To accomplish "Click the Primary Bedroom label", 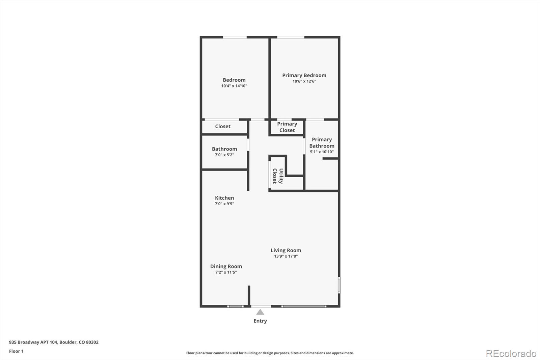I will coord(304,75).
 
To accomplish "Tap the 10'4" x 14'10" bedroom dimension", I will coord(234,86).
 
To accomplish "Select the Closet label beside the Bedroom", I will coord(223,126).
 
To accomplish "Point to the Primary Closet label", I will coord(287,127).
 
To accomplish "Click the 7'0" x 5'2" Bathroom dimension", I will coord(224,155).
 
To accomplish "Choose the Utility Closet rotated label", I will coord(278,176).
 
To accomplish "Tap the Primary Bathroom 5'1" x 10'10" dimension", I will coord(322,152).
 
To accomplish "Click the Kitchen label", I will coord(224,198).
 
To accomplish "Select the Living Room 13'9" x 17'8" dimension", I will coord(286,256).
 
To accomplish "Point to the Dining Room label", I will coord(226,266).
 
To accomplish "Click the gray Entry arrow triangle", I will coord(260,312).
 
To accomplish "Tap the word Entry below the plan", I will coord(260,321).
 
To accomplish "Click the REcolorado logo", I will coord(511,354).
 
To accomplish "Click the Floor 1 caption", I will coord(16,351).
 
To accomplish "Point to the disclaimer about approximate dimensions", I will coord(270,353).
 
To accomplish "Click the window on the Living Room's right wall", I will coord(339,285).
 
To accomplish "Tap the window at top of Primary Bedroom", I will coord(290,37).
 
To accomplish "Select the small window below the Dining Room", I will coord(235,306).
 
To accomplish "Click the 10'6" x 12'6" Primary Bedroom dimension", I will coord(304,81).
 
